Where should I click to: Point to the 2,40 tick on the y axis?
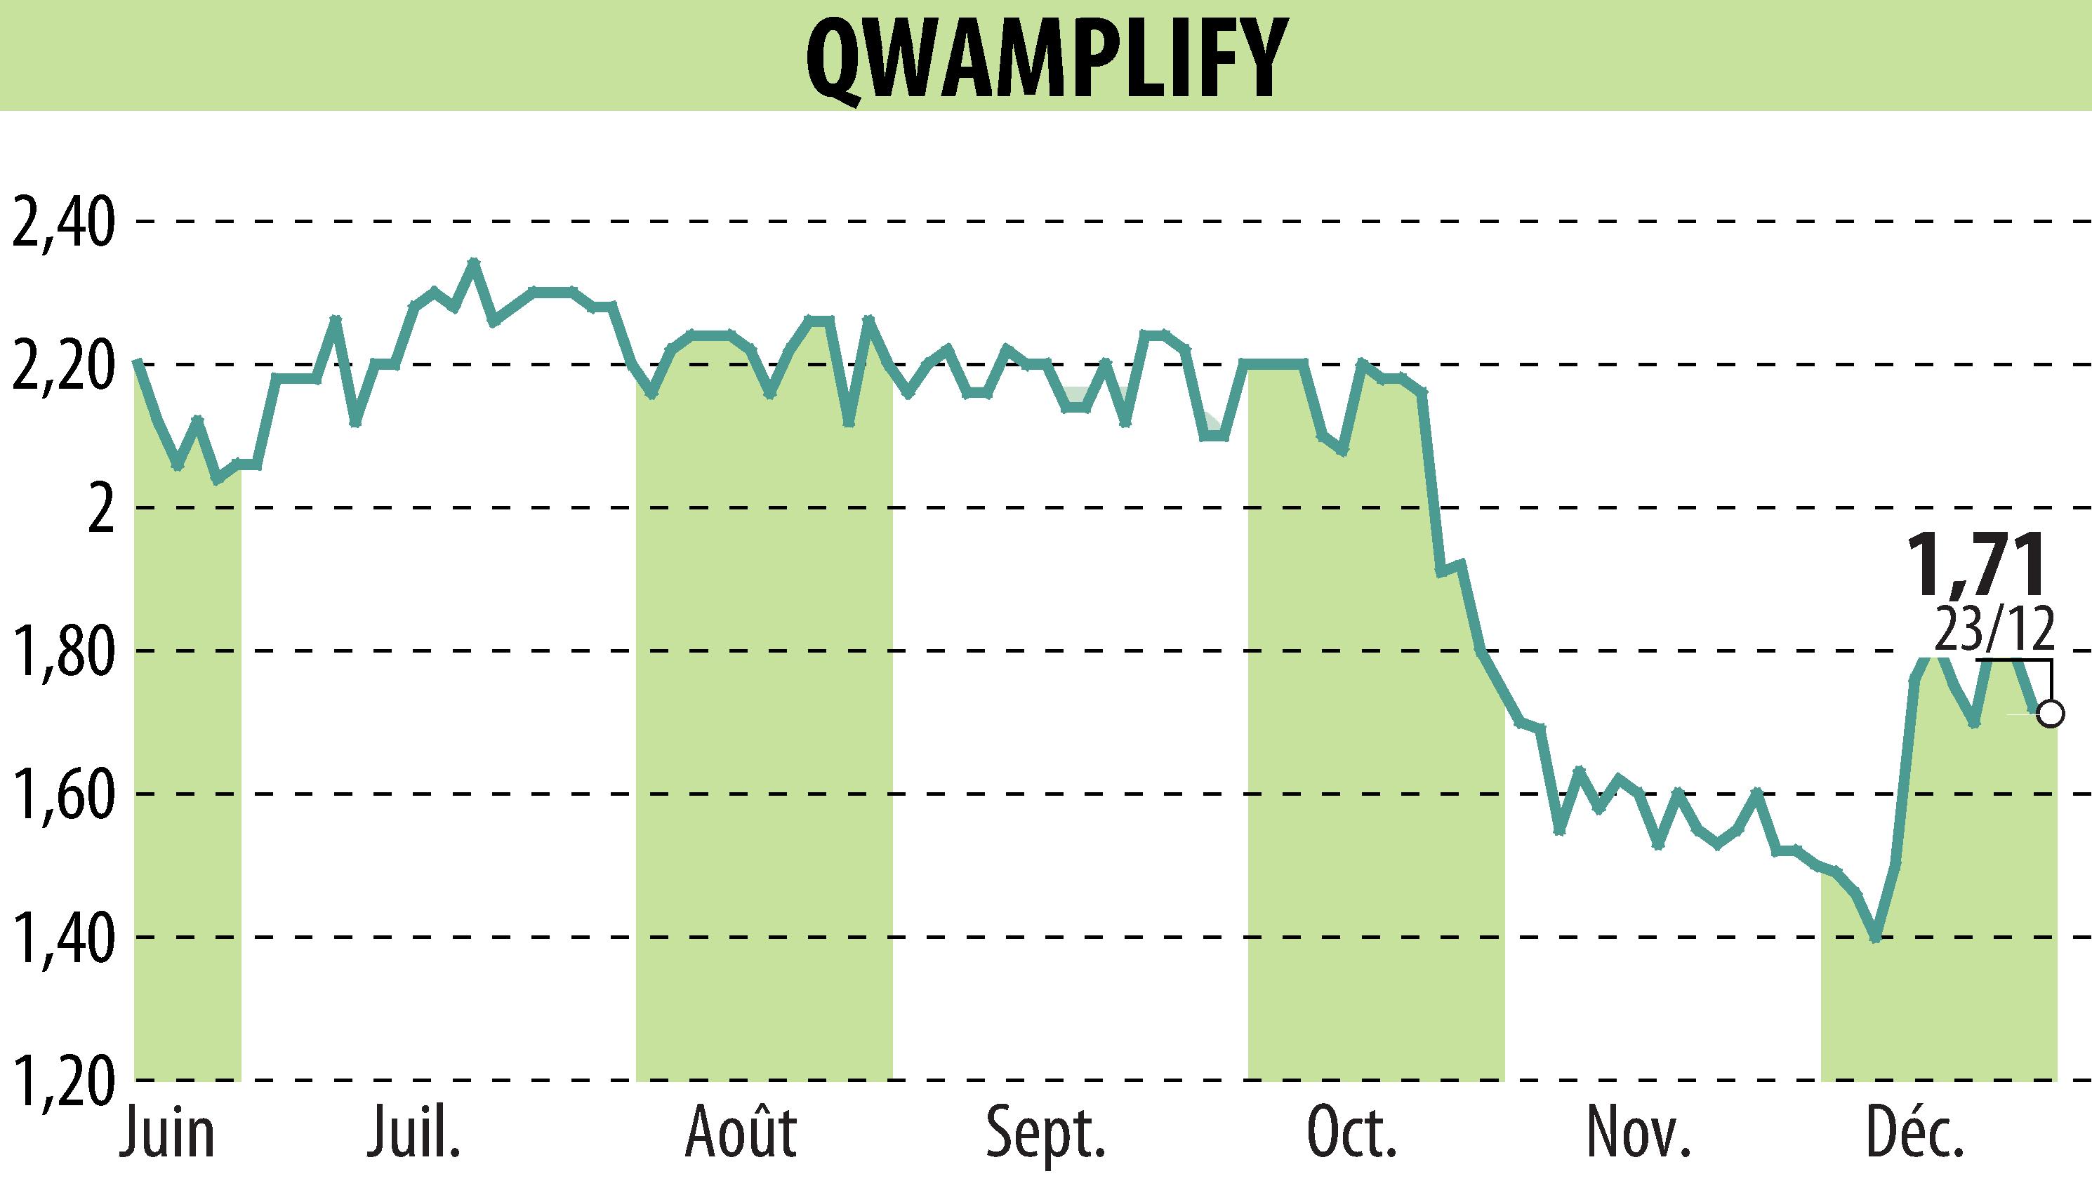coord(60,222)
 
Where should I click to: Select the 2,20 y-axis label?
coord(60,366)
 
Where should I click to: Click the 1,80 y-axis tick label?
coord(60,652)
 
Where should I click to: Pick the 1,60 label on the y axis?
coord(60,795)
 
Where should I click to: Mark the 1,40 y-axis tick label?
coord(60,938)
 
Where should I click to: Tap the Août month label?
coord(741,1133)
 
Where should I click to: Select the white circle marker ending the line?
coord(2051,714)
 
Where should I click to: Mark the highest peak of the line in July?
coord(473,262)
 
